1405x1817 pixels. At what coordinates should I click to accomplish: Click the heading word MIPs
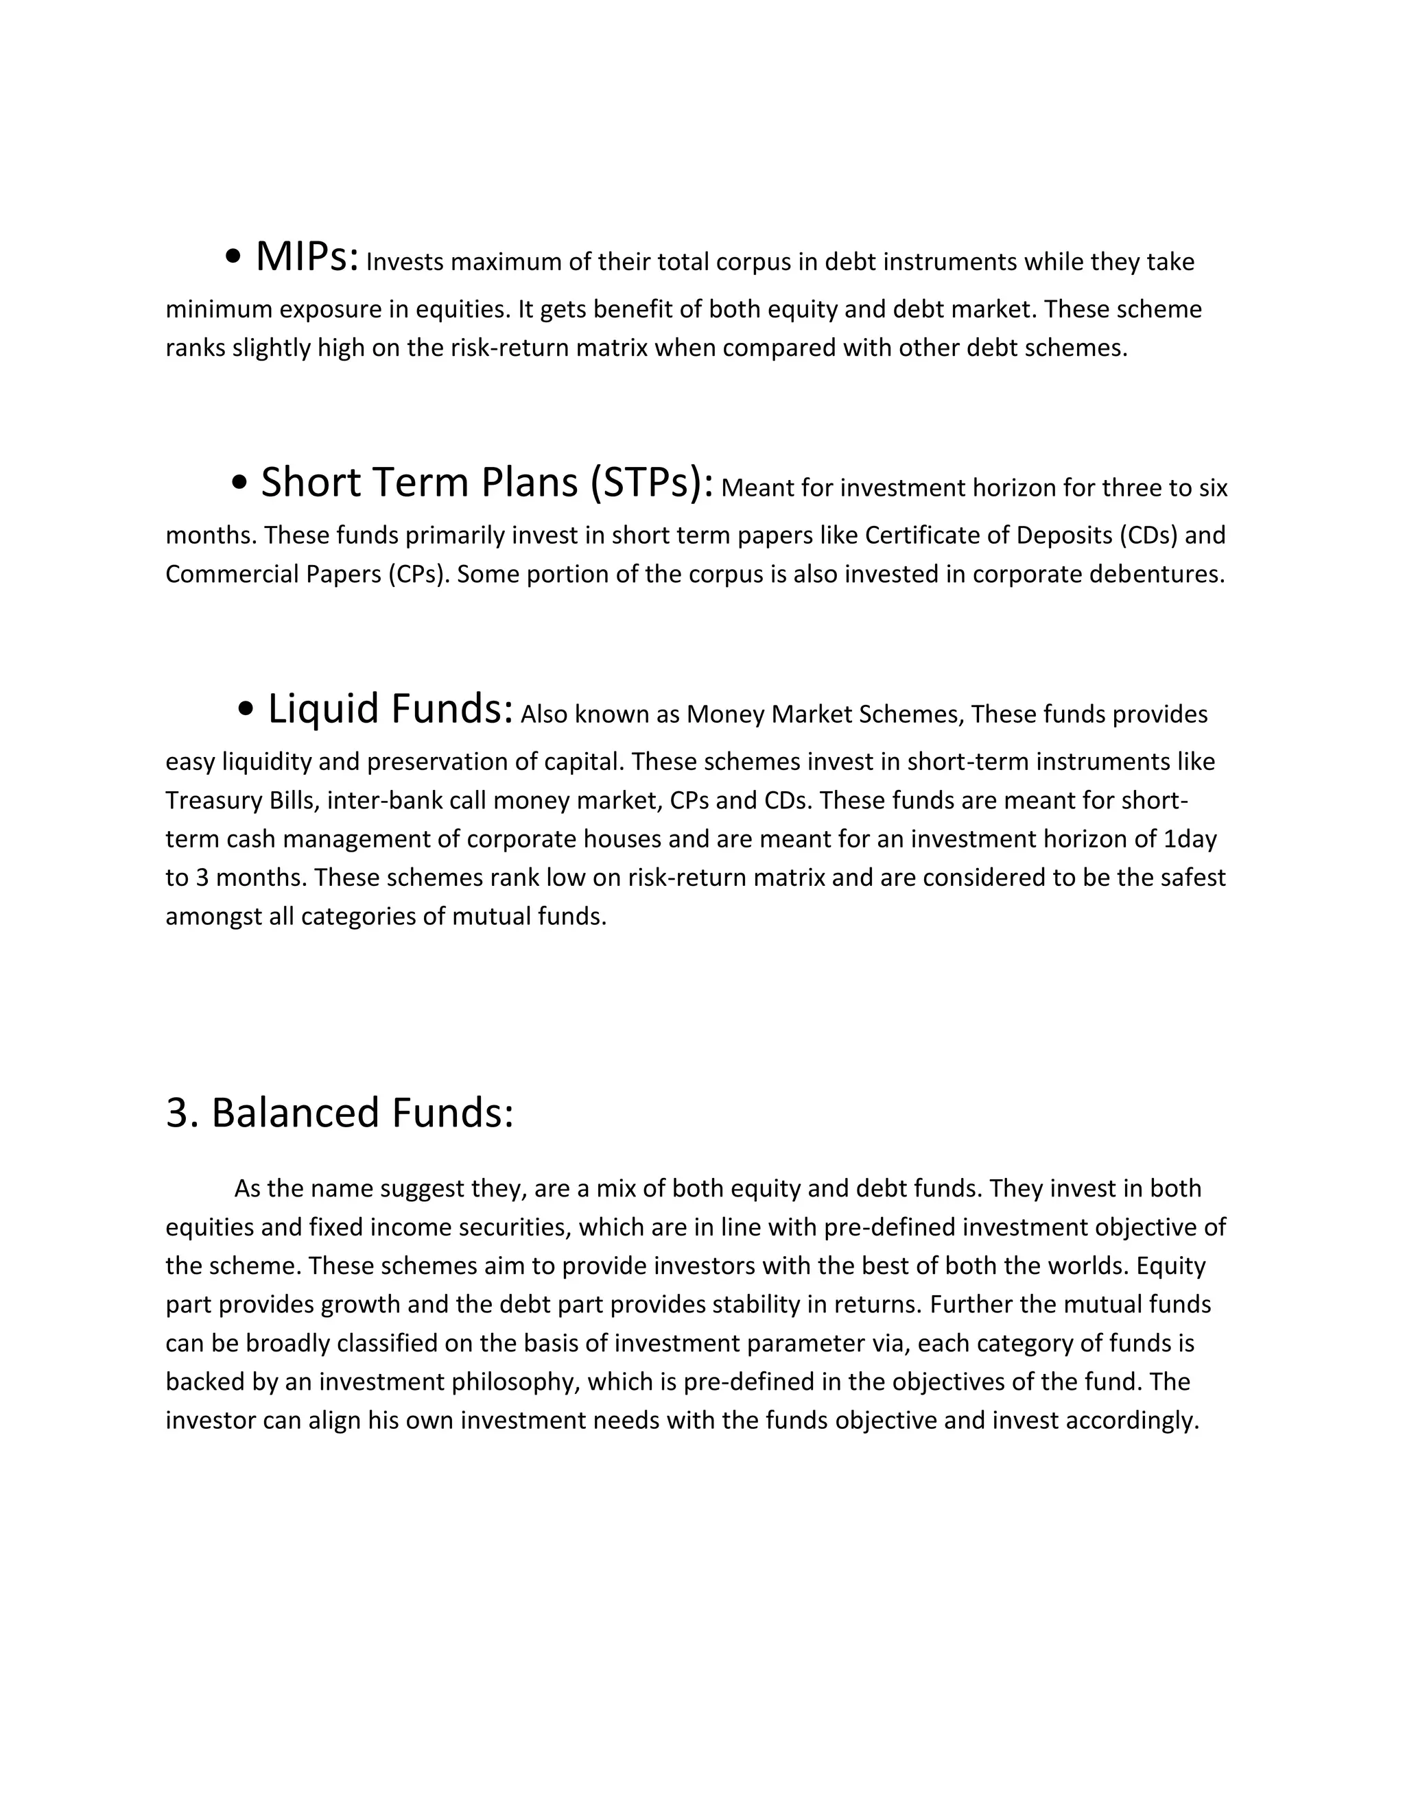click(x=306, y=257)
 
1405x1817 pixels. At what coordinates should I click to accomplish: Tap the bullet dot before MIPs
click(x=234, y=258)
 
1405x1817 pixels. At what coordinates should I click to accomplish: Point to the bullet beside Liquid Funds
click(x=246, y=709)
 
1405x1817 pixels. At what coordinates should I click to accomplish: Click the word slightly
click(x=272, y=348)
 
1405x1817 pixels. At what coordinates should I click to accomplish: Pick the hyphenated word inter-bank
click(x=386, y=800)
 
